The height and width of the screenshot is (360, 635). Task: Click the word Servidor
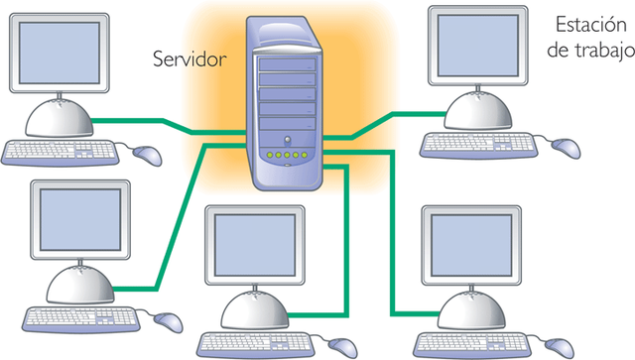coord(190,59)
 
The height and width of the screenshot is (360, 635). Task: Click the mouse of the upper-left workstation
coord(147,155)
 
